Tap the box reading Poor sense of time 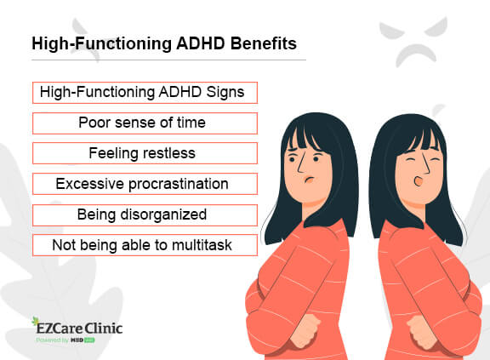pos(144,123)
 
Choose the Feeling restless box pos(144,153)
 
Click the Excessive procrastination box pos(144,184)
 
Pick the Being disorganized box pos(144,214)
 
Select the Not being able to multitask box pos(144,245)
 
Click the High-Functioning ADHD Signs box pos(144,92)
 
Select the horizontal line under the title pos(168,60)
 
